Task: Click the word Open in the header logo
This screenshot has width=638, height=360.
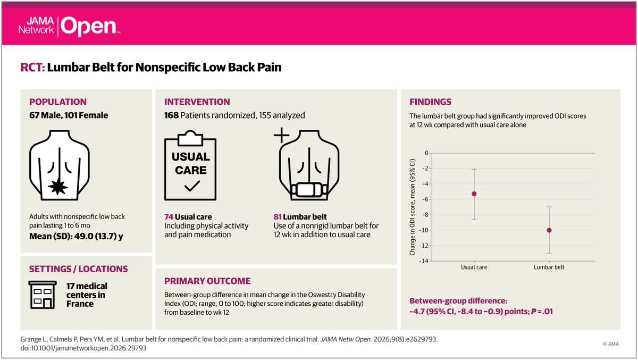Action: [x=89, y=27]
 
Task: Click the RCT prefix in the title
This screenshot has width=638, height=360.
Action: [x=32, y=68]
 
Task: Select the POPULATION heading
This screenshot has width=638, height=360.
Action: [x=58, y=102]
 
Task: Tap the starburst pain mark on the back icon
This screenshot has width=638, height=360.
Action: [x=58, y=187]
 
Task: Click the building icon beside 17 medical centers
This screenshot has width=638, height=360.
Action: [x=43, y=295]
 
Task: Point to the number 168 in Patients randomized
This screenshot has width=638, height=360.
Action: [x=171, y=115]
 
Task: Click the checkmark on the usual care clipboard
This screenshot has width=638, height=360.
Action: [x=192, y=186]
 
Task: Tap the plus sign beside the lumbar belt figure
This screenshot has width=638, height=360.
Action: [x=281, y=135]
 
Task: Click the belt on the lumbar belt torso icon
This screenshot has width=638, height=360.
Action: [x=309, y=190]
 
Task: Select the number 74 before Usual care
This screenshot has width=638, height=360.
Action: [x=169, y=217]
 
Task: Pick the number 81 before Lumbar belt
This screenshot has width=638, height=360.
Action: [x=278, y=217]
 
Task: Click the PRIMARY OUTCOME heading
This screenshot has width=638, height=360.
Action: [x=207, y=281]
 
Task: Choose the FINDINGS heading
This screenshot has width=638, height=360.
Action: [x=430, y=102]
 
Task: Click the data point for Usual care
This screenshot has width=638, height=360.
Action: [x=474, y=194]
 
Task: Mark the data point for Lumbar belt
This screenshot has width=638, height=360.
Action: [x=549, y=230]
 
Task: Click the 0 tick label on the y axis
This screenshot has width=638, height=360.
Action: [x=426, y=153]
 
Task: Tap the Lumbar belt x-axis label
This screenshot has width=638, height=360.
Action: [x=549, y=267]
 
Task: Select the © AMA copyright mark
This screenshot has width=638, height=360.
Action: [x=611, y=344]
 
